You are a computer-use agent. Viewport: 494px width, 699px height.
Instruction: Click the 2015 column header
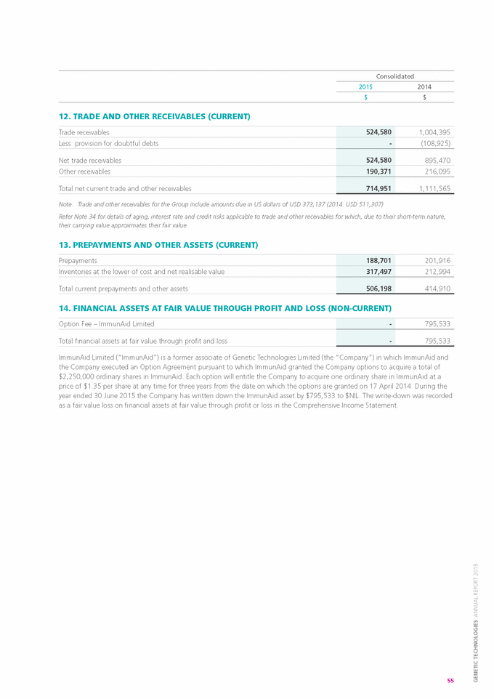tap(365, 86)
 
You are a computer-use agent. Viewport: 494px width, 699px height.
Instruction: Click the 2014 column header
tap(424, 86)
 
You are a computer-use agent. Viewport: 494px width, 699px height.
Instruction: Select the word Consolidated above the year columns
tap(394, 76)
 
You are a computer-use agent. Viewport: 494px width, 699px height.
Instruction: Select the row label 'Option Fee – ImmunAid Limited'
tap(106, 323)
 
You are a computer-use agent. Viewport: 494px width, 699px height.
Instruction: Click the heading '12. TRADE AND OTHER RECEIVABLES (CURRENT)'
tap(154, 116)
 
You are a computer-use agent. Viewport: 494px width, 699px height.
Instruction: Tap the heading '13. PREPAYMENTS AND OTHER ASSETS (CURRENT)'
tap(158, 245)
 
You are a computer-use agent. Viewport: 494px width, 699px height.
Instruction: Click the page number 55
tap(450, 680)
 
